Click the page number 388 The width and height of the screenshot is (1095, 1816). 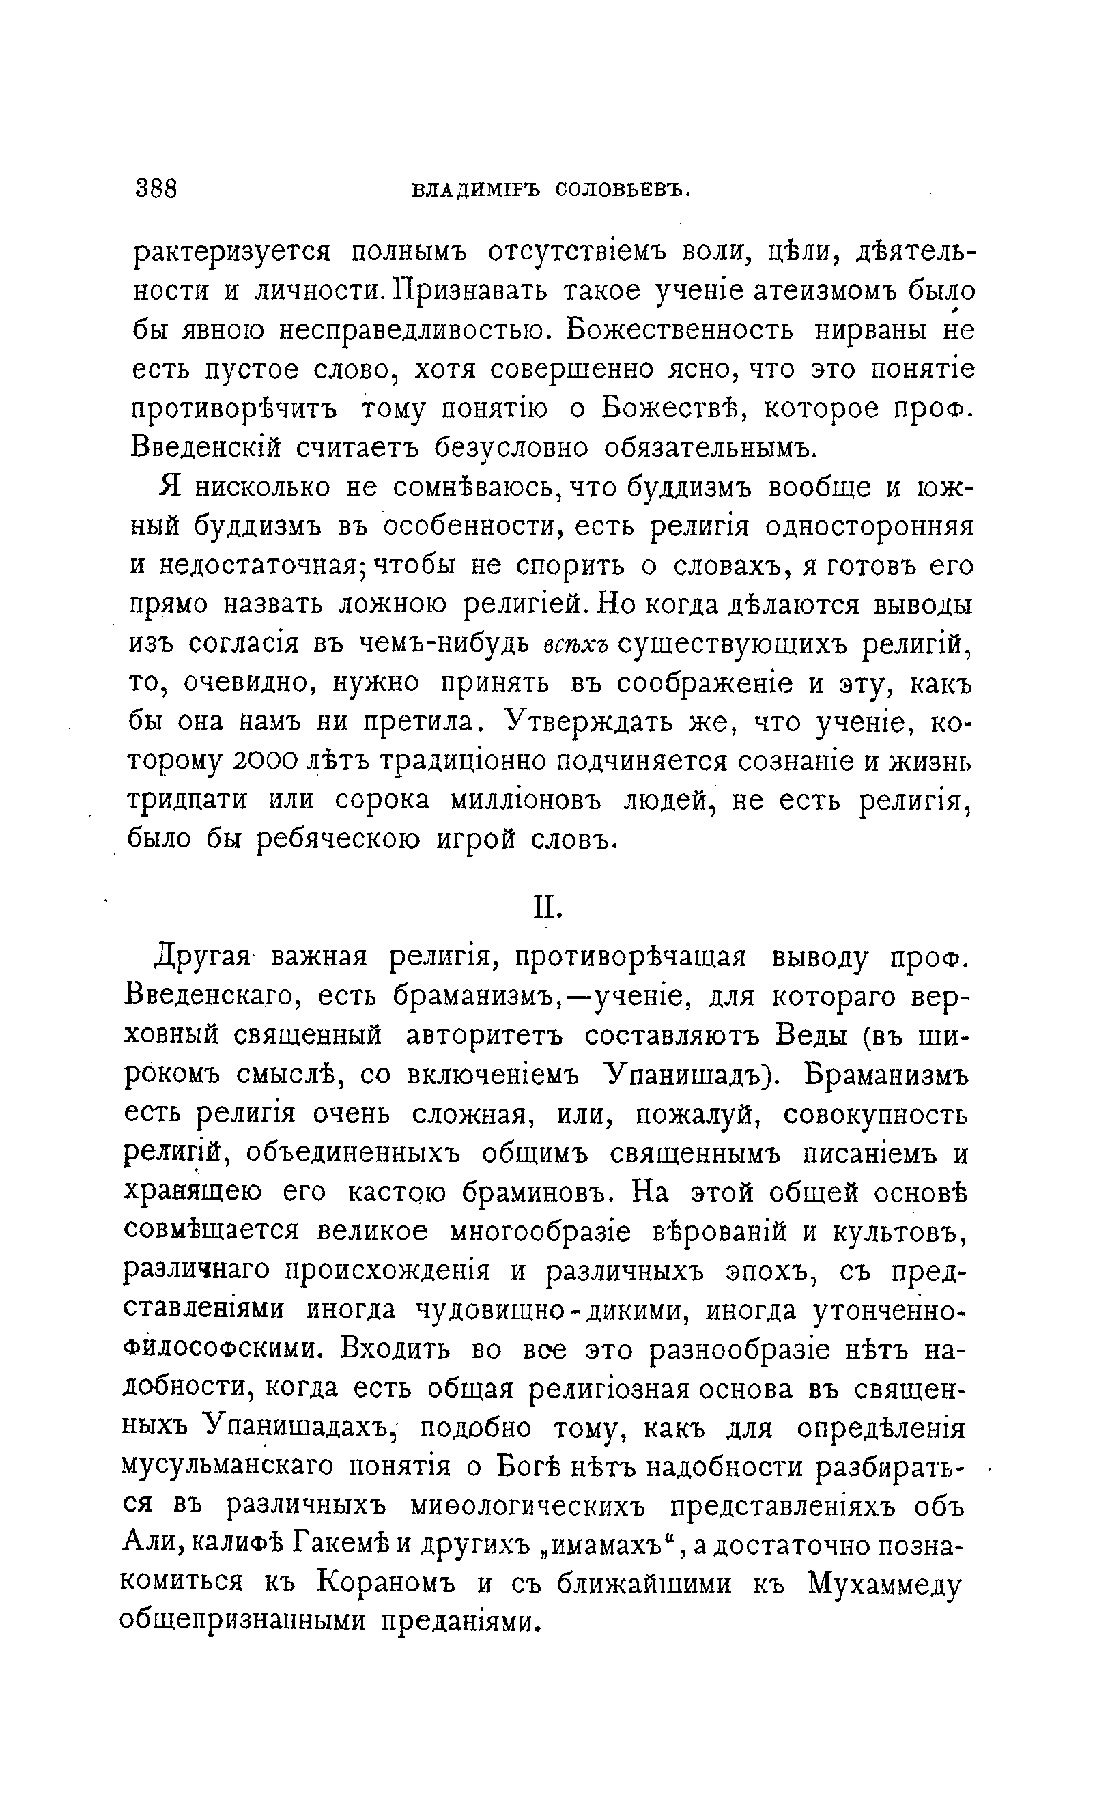click(x=156, y=188)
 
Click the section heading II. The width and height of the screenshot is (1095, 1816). click(x=547, y=908)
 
